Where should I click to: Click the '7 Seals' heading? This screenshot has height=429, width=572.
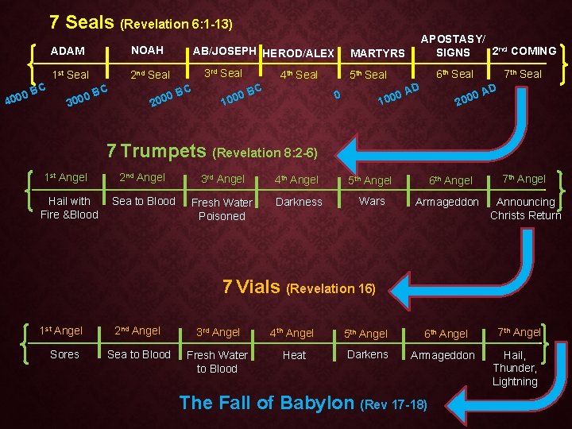tap(82, 22)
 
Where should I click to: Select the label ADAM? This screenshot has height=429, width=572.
tap(68, 51)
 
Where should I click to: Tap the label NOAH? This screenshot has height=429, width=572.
tap(147, 50)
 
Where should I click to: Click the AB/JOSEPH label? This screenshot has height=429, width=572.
tap(225, 51)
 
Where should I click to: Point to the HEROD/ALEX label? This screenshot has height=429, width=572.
tap(298, 53)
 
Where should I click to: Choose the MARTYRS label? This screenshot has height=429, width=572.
tap(377, 53)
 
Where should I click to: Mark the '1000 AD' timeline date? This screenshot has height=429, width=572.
tap(398, 94)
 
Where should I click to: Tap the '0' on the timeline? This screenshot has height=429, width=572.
tap(337, 95)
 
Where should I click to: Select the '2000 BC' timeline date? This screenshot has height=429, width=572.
tap(171, 96)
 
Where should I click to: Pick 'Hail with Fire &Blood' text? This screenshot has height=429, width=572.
tap(69, 207)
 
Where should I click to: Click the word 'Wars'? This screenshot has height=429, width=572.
tap(372, 201)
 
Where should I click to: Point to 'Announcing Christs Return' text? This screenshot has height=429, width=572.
tap(526, 208)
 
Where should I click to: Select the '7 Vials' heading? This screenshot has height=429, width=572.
tap(252, 287)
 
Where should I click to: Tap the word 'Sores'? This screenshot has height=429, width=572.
tap(64, 354)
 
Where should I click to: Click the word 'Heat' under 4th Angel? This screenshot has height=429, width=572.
tap(294, 355)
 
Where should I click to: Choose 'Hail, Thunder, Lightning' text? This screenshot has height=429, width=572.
tap(515, 369)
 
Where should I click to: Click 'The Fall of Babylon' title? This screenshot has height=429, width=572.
tap(267, 403)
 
